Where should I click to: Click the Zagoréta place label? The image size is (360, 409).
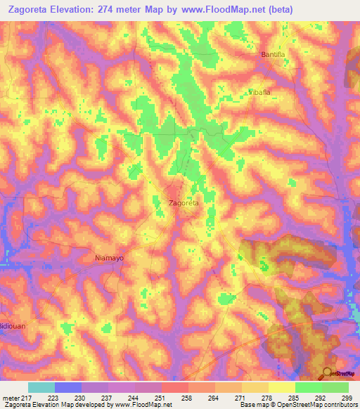pyautogui.click(x=184, y=203)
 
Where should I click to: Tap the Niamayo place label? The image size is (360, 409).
pyautogui.click(x=109, y=258)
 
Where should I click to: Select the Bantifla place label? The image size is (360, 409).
pyautogui.click(x=275, y=55)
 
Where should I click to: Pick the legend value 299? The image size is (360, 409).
pyautogui.click(x=347, y=398)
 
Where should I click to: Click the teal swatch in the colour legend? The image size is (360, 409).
pyautogui.click(x=41, y=387)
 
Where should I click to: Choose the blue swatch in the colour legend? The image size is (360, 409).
pyautogui.click(x=68, y=387)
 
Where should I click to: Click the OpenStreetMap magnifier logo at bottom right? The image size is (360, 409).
pyautogui.click(x=328, y=373)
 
